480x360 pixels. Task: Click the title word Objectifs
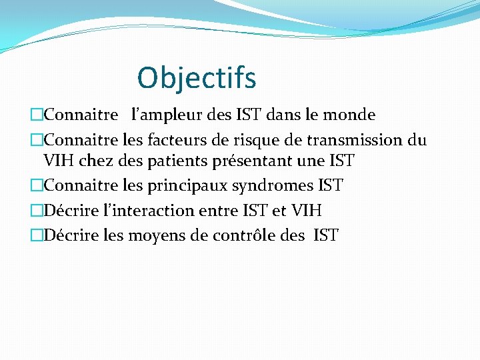point(196,78)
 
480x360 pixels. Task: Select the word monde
point(349,115)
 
